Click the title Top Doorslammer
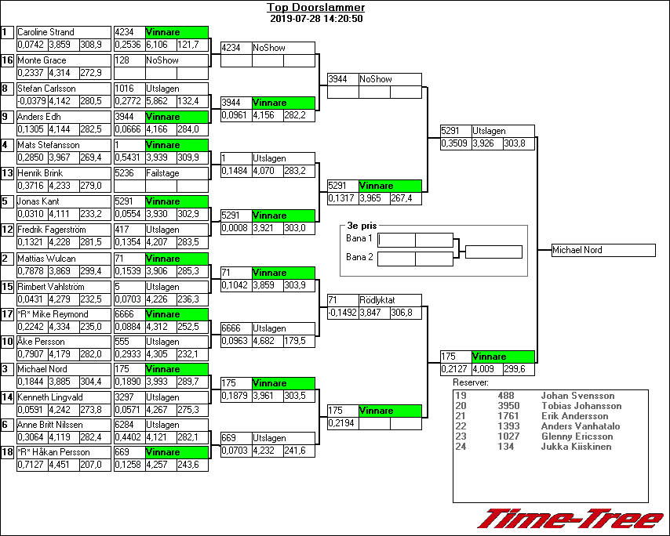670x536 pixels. pos(315,8)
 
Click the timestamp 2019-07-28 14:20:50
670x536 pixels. pos(315,18)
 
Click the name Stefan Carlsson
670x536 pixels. pos(46,89)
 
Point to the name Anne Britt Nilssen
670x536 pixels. pos(49,425)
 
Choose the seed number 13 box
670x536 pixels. pos(7,173)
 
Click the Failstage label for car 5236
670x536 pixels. pos(162,173)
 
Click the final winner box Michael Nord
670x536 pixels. pos(603,250)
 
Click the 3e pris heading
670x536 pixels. pos(362,226)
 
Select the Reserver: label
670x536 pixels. pos(471,382)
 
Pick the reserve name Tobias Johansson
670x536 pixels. pos(581,406)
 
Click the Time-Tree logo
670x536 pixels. pos(570,519)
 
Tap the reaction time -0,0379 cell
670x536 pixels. pos(32,101)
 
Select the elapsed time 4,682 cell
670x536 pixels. pos(267,341)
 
